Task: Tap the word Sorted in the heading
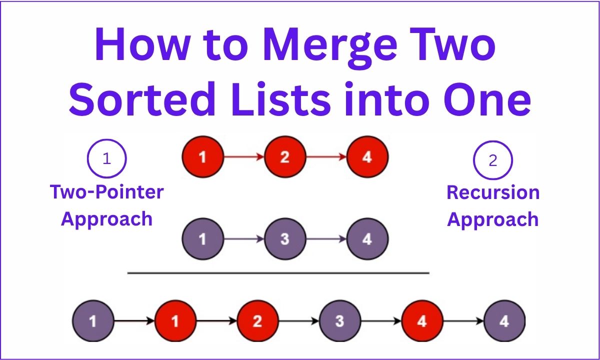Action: tap(142, 99)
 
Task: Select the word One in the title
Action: tap(487, 99)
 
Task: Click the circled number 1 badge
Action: tap(106, 158)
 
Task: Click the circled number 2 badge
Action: tap(493, 160)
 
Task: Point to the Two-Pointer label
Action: tap(106, 192)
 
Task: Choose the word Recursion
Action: tap(493, 192)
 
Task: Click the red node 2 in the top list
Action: tap(285, 157)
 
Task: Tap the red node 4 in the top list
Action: tap(367, 157)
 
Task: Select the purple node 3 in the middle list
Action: tap(285, 239)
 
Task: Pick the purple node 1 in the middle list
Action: tap(203, 239)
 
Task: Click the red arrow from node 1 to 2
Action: tap(244, 157)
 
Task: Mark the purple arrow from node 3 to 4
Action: tap(326, 239)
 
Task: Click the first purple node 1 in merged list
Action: tap(93, 321)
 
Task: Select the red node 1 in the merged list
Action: tap(175, 321)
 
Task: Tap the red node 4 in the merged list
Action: tap(422, 321)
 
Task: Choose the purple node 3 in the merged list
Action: tap(339, 321)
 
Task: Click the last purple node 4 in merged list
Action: tap(504, 321)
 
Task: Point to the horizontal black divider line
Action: tap(278, 273)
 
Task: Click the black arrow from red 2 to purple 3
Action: tap(298, 321)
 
